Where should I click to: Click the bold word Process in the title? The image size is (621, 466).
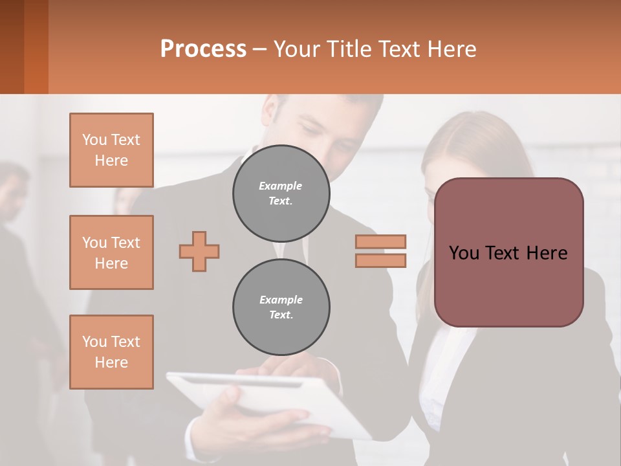pyautogui.click(x=203, y=49)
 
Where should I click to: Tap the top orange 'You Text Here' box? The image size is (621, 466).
pyautogui.click(x=111, y=150)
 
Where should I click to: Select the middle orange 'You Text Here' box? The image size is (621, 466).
pyautogui.click(x=111, y=252)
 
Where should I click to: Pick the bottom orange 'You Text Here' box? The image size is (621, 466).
pyautogui.click(x=111, y=352)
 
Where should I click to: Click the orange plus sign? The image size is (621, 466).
pyautogui.click(x=199, y=252)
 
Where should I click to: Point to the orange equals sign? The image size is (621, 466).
pyautogui.click(x=380, y=251)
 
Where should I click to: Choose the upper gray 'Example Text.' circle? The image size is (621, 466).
pyautogui.click(x=281, y=194)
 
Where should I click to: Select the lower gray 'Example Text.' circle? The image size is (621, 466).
pyautogui.click(x=281, y=307)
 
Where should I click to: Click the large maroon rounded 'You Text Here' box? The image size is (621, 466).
pyautogui.click(x=508, y=252)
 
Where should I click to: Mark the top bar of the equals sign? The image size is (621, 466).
pyautogui.click(x=380, y=241)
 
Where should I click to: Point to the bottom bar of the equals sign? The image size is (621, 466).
pyautogui.click(x=380, y=261)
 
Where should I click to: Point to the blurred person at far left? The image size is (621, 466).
pyautogui.click(x=16, y=259)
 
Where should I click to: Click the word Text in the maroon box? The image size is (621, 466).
pyautogui.click(x=508, y=253)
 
